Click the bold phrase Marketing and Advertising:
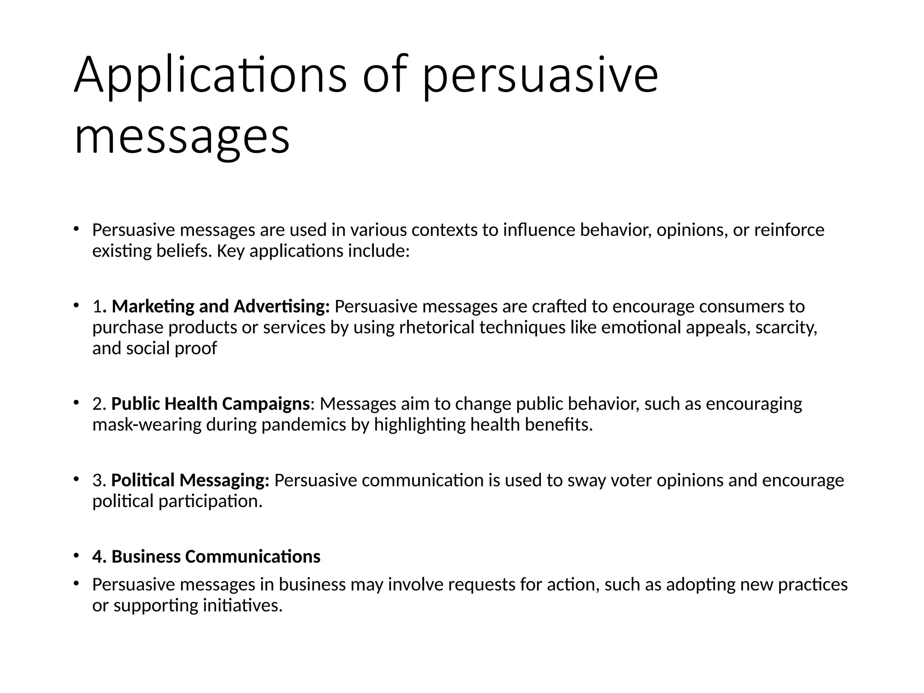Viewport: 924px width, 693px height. (x=221, y=306)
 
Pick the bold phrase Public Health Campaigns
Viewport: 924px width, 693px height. (x=210, y=404)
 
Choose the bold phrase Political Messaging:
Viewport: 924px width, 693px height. (x=190, y=480)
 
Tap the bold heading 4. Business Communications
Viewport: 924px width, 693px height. (x=207, y=557)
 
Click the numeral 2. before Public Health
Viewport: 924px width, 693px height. (x=99, y=404)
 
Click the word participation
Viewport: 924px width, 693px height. (x=210, y=501)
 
